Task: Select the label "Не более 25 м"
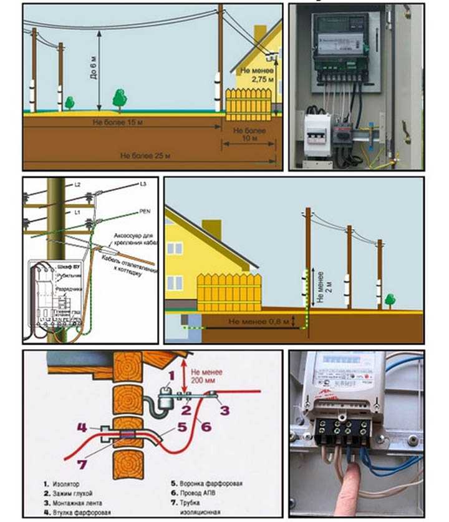coord(145,154)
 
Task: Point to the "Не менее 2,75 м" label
coord(254,76)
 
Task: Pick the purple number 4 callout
coord(82,428)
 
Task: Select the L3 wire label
coord(142,185)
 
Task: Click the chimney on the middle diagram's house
coord(211,229)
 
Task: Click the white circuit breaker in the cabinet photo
coord(318,135)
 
